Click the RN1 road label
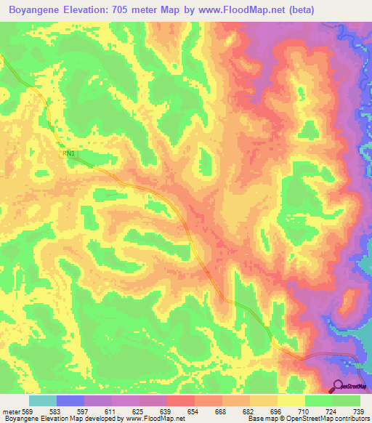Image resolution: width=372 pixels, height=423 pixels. coord(70,153)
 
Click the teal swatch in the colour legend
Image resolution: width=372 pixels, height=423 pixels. coord(43,400)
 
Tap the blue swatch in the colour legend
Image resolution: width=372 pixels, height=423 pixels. coord(70,400)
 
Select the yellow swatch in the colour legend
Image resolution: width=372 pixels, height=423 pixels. coord(291,400)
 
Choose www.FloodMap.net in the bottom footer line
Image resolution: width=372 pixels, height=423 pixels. coord(156,419)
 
